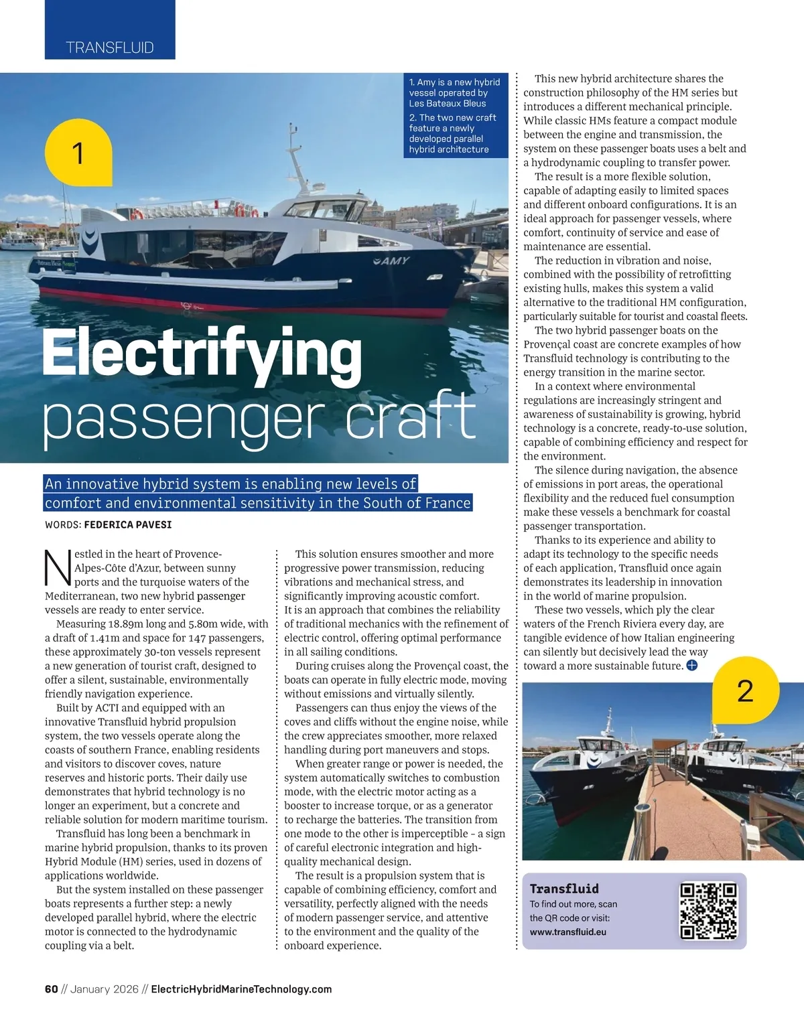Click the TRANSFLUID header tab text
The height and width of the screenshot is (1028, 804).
pyautogui.click(x=110, y=48)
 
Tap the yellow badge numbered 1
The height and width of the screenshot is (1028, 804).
pyautogui.click(x=78, y=153)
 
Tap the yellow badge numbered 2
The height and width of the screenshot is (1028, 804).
pyautogui.click(x=745, y=690)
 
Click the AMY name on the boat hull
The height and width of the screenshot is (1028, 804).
pyautogui.click(x=391, y=261)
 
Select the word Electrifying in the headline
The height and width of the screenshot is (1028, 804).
pyautogui.click(x=202, y=354)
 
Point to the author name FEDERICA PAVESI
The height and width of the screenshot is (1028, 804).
pyautogui.click(x=127, y=524)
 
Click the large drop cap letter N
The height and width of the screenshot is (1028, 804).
pyautogui.click(x=58, y=568)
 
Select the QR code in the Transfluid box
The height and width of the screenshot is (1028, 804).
pyautogui.click(x=708, y=911)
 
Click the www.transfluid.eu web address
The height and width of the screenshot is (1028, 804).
pyautogui.click(x=567, y=932)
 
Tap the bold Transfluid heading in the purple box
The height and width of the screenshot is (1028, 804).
pyautogui.click(x=564, y=889)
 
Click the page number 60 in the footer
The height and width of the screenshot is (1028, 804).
pyautogui.click(x=51, y=989)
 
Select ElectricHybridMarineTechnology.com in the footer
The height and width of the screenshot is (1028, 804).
pyautogui.click(x=241, y=989)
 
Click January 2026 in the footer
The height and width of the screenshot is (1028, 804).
pyautogui.click(x=104, y=989)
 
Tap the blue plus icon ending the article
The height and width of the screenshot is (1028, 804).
pyautogui.click(x=692, y=666)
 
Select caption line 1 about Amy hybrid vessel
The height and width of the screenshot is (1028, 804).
pyautogui.click(x=454, y=92)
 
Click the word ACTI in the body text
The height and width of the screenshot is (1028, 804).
pyautogui.click(x=107, y=708)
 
